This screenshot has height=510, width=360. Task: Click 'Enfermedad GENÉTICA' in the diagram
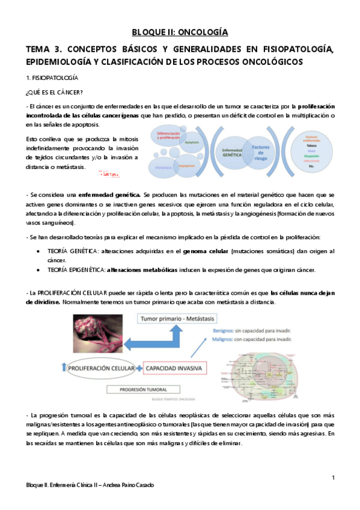pos(232,153)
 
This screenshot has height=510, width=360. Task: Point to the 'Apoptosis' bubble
pos(192,143)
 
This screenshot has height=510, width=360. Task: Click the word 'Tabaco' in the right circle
pos(307,145)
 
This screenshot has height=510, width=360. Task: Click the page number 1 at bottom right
pos(332,477)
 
